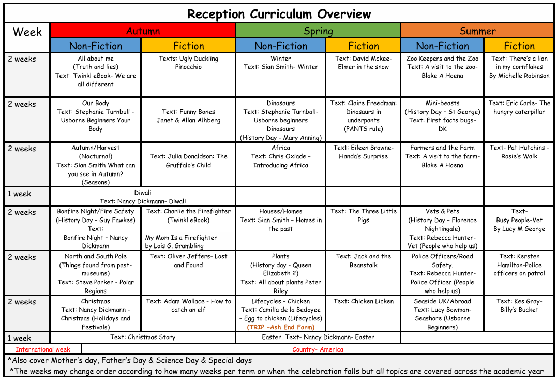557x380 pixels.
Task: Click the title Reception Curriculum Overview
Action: click(279, 14)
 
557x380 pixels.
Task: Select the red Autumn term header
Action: click(143, 31)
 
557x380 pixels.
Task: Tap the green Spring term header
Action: click(318, 31)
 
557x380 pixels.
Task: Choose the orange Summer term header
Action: click(477, 31)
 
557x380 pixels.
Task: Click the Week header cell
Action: click(27, 32)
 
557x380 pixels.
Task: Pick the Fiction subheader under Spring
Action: click(363, 46)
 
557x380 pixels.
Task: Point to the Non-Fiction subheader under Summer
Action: click(442, 46)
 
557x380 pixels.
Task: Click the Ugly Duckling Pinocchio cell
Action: click(188, 63)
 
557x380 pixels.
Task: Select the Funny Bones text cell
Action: click(188, 116)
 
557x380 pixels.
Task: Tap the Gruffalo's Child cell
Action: click(188, 160)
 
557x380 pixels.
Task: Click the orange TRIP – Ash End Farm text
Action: click(281, 327)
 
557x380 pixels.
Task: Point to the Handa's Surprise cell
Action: click(363, 152)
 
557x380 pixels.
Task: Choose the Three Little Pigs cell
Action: click(363, 215)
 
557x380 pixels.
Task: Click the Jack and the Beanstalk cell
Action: click(363, 260)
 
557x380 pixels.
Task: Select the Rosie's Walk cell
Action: click(519, 152)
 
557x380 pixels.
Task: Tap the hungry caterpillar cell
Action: click(519, 108)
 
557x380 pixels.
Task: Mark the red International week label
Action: click(42, 349)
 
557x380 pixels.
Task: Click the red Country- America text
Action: click(318, 349)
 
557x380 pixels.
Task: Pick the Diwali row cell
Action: click(143, 197)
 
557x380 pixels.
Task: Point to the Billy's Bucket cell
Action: click(519, 305)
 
